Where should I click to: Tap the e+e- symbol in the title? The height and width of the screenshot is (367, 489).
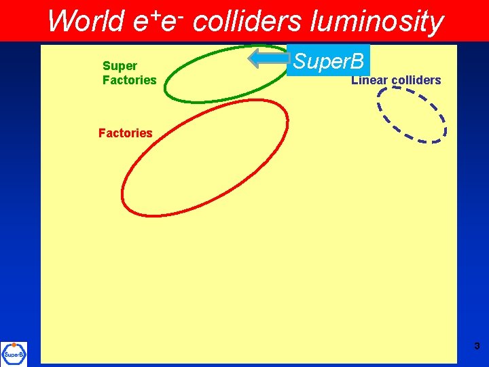(x=156, y=22)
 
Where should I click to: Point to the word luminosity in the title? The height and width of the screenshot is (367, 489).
(x=376, y=22)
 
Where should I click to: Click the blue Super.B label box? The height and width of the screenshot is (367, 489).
(x=328, y=61)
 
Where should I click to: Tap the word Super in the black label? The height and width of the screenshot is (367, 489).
(x=120, y=66)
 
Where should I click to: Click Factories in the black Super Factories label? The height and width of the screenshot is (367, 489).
(x=129, y=80)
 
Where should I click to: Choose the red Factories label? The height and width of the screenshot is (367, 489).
(x=125, y=133)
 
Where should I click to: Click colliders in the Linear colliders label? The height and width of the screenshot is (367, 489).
(x=416, y=81)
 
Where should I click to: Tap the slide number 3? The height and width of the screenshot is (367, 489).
(x=477, y=347)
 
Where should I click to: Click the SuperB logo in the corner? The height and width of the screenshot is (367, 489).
(x=14, y=353)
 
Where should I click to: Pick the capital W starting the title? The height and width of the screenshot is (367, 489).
(x=59, y=22)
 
